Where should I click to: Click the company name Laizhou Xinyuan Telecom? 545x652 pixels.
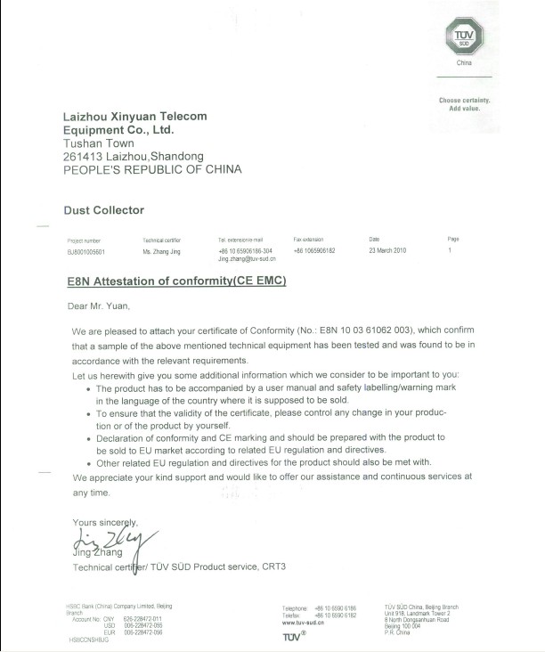[x=134, y=117]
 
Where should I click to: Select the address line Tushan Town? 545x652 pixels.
[x=99, y=143]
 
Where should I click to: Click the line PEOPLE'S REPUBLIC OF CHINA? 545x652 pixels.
[x=151, y=169]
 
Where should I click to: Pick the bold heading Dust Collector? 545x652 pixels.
[x=103, y=210]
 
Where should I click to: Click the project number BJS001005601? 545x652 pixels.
[x=86, y=252]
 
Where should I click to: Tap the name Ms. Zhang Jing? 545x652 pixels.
[x=162, y=252]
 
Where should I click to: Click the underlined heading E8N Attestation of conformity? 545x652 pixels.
[x=177, y=281]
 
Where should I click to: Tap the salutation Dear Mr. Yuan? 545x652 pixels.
[x=98, y=307]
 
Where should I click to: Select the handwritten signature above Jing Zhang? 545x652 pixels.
[x=111, y=540]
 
